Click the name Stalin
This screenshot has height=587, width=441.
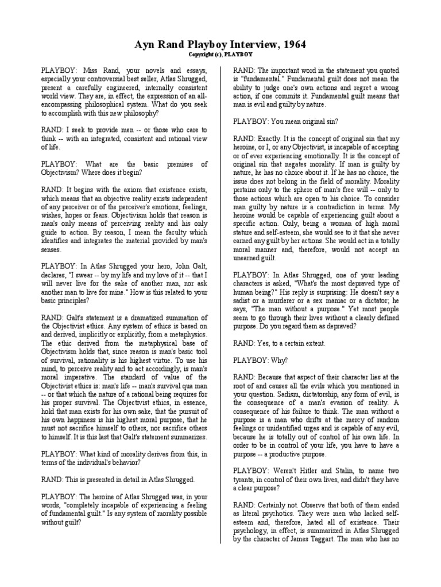click(346, 469)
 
